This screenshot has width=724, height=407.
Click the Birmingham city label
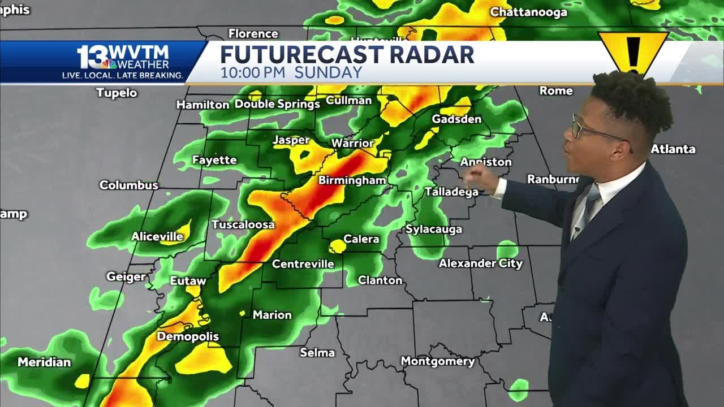pyautogui.click(x=352, y=180)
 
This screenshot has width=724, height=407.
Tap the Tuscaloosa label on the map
pyautogui.click(x=243, y=224)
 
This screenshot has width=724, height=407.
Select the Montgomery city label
pyautogui.click(x=437, y=361)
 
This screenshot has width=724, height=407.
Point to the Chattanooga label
pyautogui.click(x=528, y=12)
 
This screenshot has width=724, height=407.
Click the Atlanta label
pyautogui.click(x=673, y=149)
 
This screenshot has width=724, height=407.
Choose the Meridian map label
pyautogui.click(x=44, y=362)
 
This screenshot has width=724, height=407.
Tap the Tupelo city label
pyautogui.click(x=117, y=93)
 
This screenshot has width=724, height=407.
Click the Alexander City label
pyautogui.click(x=481, y=263)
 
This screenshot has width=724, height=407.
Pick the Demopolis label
pyautogui.click(x=188, y=337)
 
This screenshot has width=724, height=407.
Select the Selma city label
pyautogui.click(x=317, y=353)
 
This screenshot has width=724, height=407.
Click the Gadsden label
pyautogui.click(x=456, y=119)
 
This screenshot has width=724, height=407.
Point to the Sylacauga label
pyautogui.click(x=434, y=230)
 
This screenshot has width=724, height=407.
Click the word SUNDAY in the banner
pyautogui.click(x=328, y=73)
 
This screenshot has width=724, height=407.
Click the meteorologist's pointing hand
pyautogui.click(x=481, y=177)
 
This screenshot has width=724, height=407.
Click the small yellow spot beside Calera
pyautogui.click(x=338, y=246)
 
